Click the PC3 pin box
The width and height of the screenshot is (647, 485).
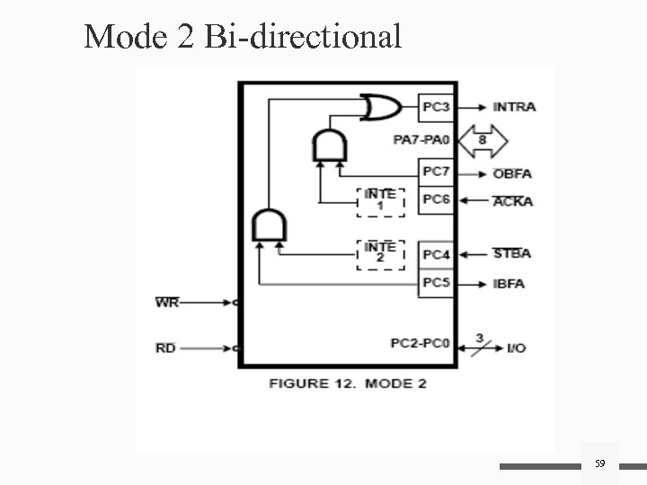click(x=437, y=109)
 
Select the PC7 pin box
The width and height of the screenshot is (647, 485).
click(x=437, y=171)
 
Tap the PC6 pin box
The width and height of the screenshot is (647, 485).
click(x=437, y=199)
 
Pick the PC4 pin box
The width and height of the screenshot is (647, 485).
click(x=437, y=255)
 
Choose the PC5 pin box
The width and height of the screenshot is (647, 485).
click(x=437, y=283)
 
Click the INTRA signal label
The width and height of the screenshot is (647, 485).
click(x=515, y=107)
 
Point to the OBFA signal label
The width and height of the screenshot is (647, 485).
click(x=513, y=172)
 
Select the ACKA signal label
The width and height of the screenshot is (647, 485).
click(x=513, y=201)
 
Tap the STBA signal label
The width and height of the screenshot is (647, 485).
click(x=512, y=253)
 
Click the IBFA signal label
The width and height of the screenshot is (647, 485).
click(x=510, y=284)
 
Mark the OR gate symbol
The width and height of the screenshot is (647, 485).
click(x=378, y=109)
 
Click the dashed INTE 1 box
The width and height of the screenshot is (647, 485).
click(x=381, y=200)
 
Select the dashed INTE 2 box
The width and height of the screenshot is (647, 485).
click(x=381, y=253)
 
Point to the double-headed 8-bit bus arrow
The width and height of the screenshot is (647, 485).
click(x=483, y=140)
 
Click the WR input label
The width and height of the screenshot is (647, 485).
click(x=166, y=303)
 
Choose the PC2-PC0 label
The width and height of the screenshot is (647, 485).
click(x=420, y=343)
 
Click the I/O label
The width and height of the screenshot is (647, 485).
click(x=517, y=348)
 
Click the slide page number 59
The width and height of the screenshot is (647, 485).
click(x=599, y=463)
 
